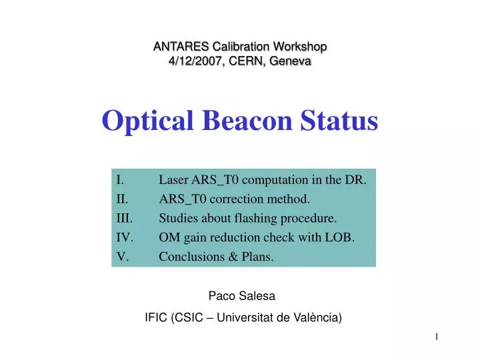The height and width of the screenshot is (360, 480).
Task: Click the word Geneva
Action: pos(289,61)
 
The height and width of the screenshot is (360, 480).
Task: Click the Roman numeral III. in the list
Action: pos(124,218)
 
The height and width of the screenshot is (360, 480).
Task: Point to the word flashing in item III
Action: pos(267,218)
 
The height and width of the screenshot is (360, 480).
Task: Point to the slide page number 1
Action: pos(437,337)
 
